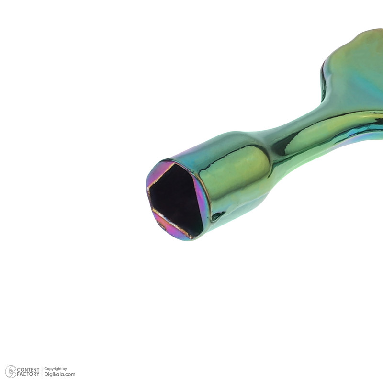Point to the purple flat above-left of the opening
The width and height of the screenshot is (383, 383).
pyautogui.click(x=159, y=174)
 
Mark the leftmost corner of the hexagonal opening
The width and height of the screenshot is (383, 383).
pyautogui.click(x=148, y=188)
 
